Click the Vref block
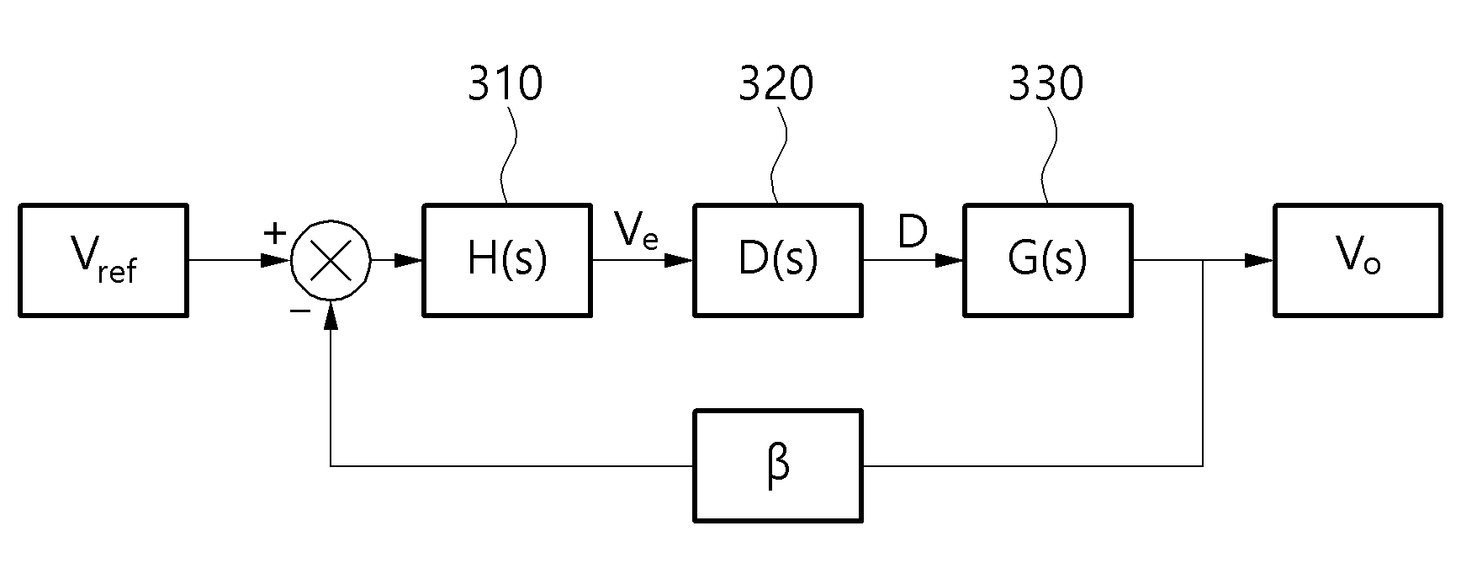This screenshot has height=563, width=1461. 103,260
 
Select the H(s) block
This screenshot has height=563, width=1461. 507,260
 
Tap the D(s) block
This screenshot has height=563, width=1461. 778,260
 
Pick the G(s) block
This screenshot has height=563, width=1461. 1048,260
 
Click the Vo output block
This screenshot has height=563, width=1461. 1359,260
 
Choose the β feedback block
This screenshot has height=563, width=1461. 778,465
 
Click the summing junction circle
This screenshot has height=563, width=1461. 331,261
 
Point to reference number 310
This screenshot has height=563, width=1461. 506,84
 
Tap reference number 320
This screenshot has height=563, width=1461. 776,84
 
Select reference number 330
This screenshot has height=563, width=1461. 1046,84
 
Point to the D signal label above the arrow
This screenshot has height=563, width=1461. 913,231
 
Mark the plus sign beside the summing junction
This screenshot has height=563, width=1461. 275,233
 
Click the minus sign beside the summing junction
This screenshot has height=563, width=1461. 299,311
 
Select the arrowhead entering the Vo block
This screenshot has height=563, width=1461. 1259,261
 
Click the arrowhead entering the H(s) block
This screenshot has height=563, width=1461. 408,261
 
